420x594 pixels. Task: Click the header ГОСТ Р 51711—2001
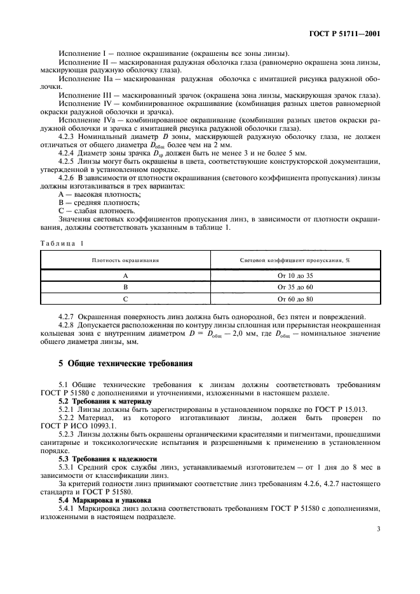coord(346,34)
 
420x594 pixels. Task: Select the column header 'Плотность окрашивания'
coord(125,260)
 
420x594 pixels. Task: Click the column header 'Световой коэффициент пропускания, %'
coord(295,260)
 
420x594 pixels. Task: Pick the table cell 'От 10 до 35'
coord(295,275)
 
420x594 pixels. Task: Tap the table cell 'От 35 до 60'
coord(295,287)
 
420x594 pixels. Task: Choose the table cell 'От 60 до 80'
coord(295,298)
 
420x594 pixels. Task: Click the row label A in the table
coord(125,275)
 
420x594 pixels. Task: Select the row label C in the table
coord(125,298)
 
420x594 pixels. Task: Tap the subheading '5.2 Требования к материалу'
coord(97,402)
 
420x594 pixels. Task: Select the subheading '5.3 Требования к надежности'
coord(98,458)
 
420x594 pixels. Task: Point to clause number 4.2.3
coord(67,138)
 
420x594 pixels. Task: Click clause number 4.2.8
coord(67,325)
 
